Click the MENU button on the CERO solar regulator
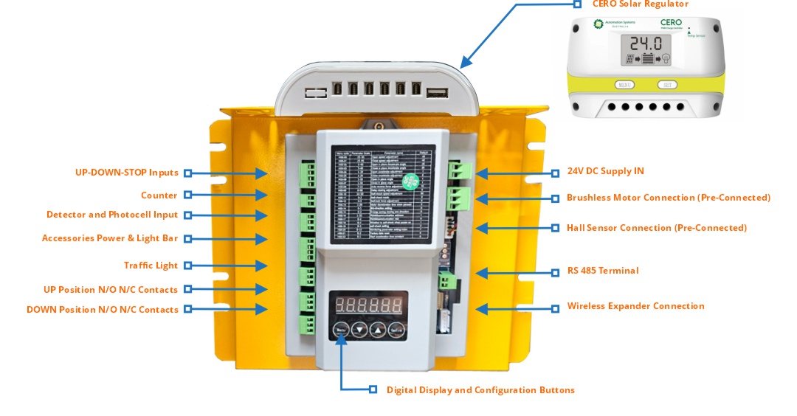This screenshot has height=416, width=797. tap(624, 85)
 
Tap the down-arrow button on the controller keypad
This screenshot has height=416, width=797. tap(359, 330)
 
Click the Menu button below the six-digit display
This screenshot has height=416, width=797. tap(340, 330)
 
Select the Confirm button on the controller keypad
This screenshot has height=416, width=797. tap(396, 330)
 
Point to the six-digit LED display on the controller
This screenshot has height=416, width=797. tap(368, 304)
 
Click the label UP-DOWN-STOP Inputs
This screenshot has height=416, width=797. tap(126, 173)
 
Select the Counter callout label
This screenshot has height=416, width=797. tap(159, 195)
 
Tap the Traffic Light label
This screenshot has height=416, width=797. tap(151, 266)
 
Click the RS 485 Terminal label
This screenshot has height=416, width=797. tap(602, 271)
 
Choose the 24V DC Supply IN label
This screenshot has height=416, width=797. tap(604, 171)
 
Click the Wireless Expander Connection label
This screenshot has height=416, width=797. tap(635, 306)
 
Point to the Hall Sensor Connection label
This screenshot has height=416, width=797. tap(656, 228)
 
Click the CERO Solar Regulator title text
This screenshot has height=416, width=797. tap(640, 4)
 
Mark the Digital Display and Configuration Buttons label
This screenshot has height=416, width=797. tap(480, 390)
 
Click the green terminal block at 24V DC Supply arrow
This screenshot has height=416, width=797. tap(459, 172)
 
